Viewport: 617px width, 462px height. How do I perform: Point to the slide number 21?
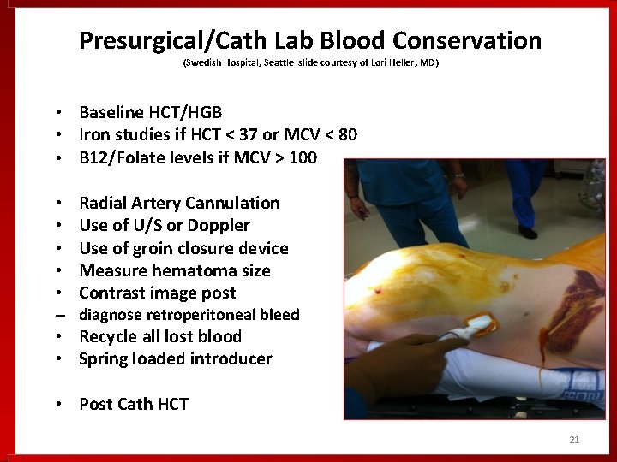[574, 440]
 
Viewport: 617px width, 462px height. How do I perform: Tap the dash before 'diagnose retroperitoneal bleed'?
[57, 315]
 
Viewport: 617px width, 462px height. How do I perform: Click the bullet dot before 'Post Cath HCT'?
[57, 404]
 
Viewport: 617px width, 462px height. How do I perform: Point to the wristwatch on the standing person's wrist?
[458, 175]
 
